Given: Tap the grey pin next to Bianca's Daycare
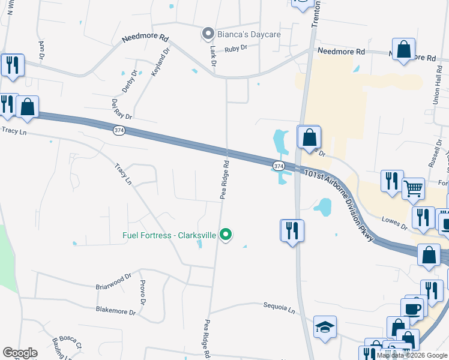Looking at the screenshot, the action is click(x=208, y=34).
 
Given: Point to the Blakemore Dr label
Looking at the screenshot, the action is click(x=118, y=310).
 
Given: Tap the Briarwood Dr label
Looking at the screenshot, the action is click(x=113, y=281).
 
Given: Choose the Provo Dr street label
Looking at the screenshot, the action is click(x=143, y=290).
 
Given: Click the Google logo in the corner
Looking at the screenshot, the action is click(x=20, y=353).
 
